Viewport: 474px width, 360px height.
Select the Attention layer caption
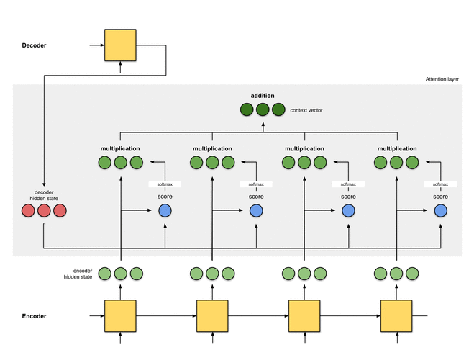coord(442,79)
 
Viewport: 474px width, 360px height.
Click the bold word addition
coord(263,96)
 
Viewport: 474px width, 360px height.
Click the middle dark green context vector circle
coord(263,110)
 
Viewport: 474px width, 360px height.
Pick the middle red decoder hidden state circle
coord(44,211)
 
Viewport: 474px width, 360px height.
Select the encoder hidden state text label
coord(78,273)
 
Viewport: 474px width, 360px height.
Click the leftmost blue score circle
coord(165,211)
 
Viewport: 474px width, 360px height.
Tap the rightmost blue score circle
coord(441,211)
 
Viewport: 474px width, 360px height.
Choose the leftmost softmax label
coord(165,184)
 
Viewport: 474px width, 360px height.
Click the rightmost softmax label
coord(441,184)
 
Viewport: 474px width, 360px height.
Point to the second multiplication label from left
coord(212,149)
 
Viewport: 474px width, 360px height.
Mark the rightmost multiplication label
coord(396,149)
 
